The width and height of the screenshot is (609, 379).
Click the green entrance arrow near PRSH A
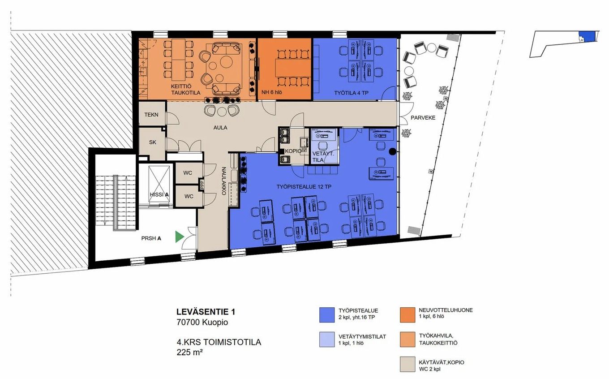pyautogui.click(x=179, y=237)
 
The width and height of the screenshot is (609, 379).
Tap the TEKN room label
pyautogui.click(x=151, y=115)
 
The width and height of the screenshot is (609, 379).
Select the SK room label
pyautogui.click(x=153, y=142)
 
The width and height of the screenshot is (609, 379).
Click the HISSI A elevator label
pyautogui.click(x=159, y=194)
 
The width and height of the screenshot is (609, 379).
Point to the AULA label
pyautogui.click(x=220, y=127)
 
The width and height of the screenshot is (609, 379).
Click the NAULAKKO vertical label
pyautogui.click(x=224, y=181)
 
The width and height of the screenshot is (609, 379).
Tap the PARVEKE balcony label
pyautogui.click(x=423, y=117)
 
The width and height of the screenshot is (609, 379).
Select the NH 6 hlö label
pyautogui.click(x=272, y=92)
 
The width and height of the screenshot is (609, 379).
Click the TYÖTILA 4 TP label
pyautogui.click(x=351, y=93)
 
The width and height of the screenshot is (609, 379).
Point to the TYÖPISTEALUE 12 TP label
pyautogui.click(x=304, y=187)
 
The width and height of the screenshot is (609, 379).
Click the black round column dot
pyautogui.click(x=392, y=151)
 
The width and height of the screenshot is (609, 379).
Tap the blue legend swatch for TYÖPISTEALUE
pyautogui.click(x=327, y=315)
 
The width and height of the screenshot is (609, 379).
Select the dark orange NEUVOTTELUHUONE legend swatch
pyautogui.click(x=407, y=315)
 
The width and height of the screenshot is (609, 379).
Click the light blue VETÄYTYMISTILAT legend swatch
pyautogui.click(x=327, y=339)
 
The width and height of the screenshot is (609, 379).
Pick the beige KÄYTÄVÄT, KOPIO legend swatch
pyautogui.click(x=407, y=364)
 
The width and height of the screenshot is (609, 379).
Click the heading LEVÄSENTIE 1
pyautogui.click(x=206, y=312)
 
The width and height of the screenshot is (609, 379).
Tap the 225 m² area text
pyautogui.click(x=189, y=352)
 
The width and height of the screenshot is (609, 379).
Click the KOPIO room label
pyautogui.click(x=293, y=151)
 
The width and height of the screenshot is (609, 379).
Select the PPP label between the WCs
pyautogui.click(x=202, y=185)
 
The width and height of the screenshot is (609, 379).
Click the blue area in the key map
pyautogui.click(x=587, y=36)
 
